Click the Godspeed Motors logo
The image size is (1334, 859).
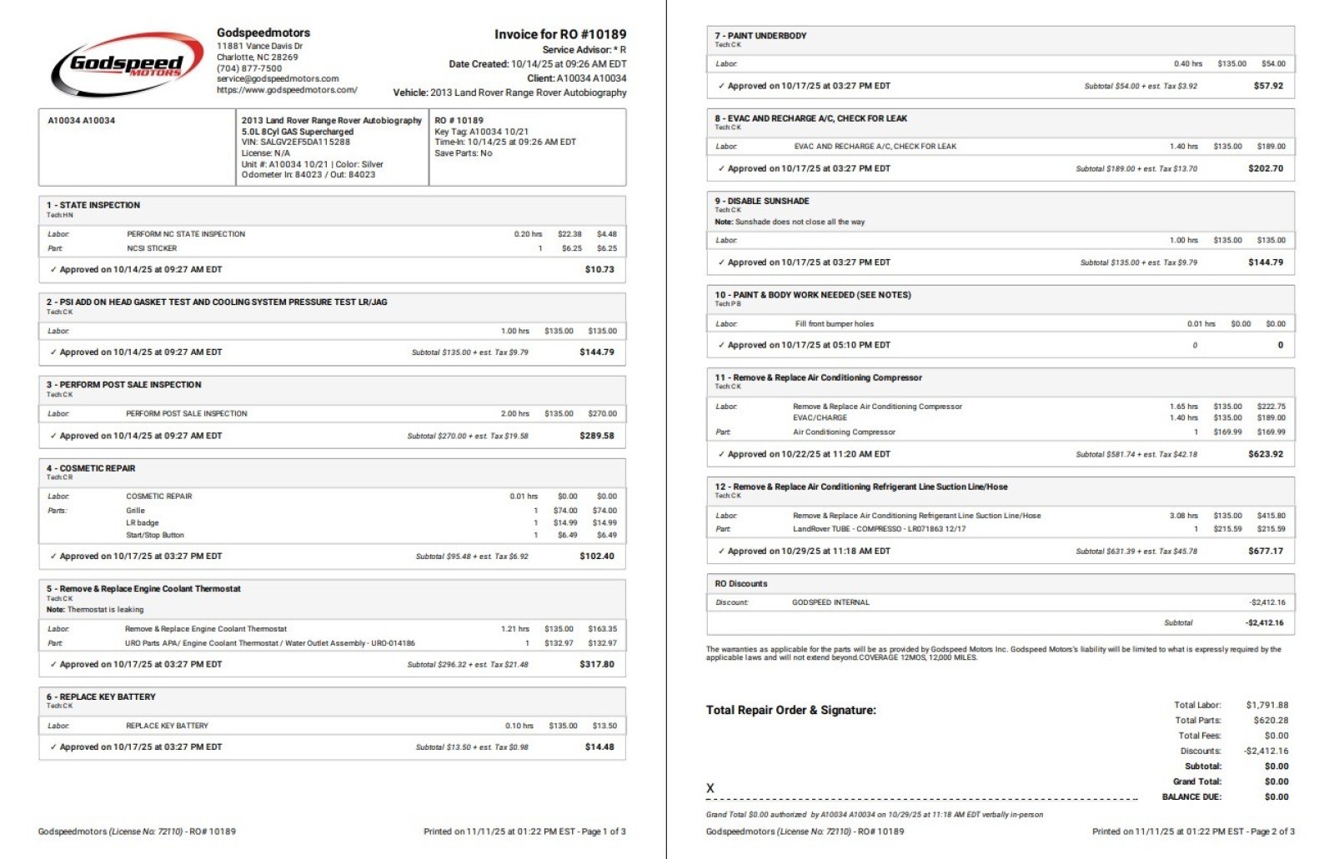128,65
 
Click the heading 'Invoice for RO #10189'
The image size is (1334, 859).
559,34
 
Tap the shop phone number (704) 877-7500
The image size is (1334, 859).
249,68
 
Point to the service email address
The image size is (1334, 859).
278,79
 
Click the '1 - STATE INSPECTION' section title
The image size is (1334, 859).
93,205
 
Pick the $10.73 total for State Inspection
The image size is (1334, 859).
599,270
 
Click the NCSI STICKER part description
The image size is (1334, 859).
152,248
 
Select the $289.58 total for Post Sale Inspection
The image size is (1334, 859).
596,436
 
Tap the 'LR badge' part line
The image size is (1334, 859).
142,523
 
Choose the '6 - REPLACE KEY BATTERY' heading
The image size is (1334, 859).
101,697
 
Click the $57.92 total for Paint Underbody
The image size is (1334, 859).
1268,86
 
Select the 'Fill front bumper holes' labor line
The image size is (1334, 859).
834,324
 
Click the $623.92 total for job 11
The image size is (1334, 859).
1266,454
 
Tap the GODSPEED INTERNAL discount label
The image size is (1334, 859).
830,602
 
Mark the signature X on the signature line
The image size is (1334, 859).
710,788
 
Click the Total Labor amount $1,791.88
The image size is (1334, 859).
1266,705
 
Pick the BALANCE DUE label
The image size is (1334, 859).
1191,797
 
